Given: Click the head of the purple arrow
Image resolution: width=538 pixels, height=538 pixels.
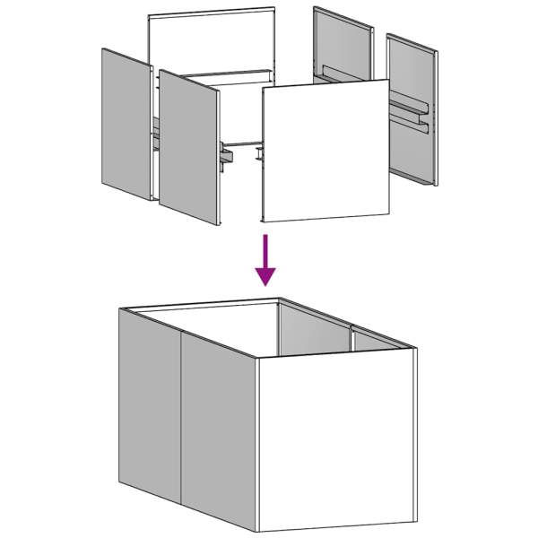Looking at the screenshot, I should (265, 274).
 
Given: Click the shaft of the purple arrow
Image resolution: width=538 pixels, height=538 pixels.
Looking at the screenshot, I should (265, 248).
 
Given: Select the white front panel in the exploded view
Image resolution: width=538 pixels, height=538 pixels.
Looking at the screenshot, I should (326, 151).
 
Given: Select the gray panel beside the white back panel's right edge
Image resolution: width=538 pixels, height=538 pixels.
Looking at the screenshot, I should (343, 45).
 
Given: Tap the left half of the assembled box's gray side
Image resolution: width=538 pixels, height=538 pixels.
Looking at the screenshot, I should (151, 403).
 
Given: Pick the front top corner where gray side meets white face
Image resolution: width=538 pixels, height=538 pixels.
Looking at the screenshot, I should (257, 359).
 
